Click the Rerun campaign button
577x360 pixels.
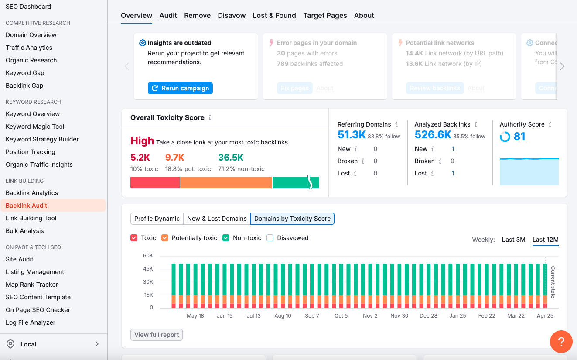coord(180,88)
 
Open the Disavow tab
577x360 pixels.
coord(232,15)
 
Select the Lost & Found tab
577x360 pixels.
coord(274,15)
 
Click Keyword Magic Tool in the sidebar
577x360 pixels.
coord(35,127)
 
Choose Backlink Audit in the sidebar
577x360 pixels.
coord(27,206)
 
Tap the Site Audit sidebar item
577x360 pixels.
coord(20,259)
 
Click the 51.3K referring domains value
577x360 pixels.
coord(352,135)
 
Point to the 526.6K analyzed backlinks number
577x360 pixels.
coord(433,135)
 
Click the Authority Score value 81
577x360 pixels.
coord(519,137)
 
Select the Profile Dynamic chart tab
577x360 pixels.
coord(157,219)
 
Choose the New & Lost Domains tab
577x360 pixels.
coord(217,219)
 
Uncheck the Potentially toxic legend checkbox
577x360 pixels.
coord(165,238)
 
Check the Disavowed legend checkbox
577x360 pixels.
coord(270,238)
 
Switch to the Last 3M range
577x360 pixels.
coord(513,240)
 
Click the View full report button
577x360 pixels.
coord(157,335)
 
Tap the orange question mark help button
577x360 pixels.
coord(561,342)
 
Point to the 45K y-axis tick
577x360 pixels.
coord(148,268)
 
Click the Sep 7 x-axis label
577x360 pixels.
coord(312,316)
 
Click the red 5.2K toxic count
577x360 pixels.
coord(140,158)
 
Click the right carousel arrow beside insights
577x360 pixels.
coord(562,66)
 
